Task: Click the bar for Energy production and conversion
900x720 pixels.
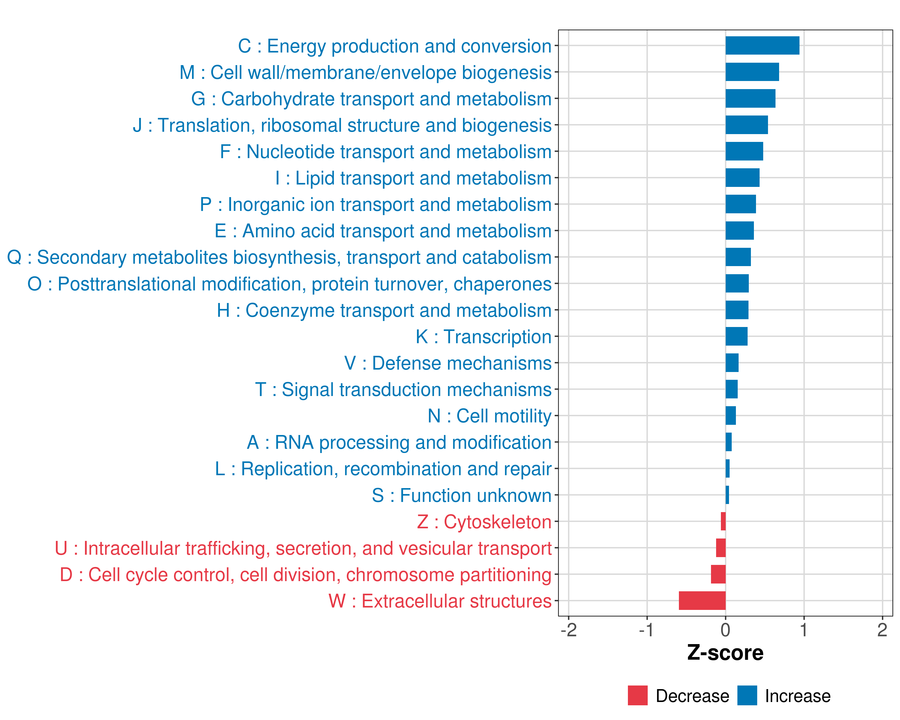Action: point(762,46)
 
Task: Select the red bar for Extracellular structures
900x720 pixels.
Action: point(702,601)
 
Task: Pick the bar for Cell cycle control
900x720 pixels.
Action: point(718,574)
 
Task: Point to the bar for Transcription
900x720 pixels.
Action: point(736,336)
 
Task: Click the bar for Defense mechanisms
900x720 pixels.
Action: point(732,363)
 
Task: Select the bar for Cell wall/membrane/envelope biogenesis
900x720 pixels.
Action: point(752,72)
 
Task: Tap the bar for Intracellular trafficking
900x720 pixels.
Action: point(721,547)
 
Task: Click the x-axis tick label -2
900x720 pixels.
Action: point(568,630)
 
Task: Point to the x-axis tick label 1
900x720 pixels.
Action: point(804,630)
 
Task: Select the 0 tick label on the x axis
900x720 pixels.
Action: point(725,630)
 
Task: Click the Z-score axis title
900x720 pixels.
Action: point(725,653)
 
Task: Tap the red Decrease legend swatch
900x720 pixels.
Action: point(637,695)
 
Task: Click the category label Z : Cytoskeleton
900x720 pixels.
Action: point(484,522)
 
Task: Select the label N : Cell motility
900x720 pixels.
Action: point(490,416)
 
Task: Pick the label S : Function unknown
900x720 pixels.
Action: point(462,495)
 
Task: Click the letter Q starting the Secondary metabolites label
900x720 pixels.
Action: point(14,257)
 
